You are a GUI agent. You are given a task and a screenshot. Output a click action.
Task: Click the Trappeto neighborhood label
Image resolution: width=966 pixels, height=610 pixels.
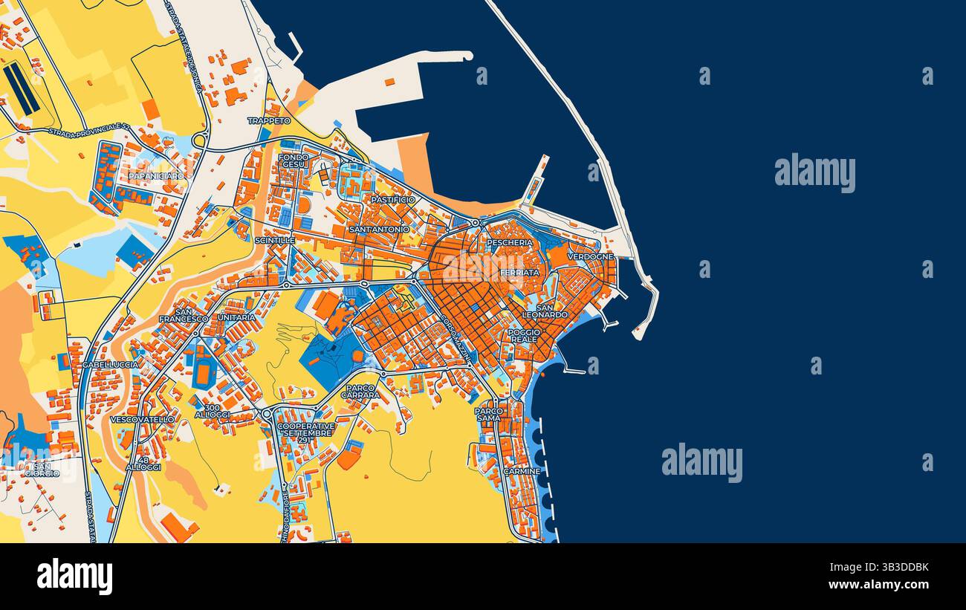pos(269,120)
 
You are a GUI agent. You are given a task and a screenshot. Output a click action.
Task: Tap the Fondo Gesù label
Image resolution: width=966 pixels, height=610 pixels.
pos(294,160)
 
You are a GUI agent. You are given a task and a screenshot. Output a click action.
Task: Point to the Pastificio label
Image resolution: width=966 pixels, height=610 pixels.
pos(393,200)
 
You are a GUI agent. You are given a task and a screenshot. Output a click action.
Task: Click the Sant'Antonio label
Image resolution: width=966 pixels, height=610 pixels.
pos(379,230)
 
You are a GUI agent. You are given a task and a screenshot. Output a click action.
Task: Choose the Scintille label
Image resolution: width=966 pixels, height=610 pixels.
pos(274,241)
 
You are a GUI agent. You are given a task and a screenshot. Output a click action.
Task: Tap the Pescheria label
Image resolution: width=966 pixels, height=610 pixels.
pos(510,243)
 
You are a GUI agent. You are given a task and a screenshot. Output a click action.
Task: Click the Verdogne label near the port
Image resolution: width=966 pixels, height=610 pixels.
pos(591,256)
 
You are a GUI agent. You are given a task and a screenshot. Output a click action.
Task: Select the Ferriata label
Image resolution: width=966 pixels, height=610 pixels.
pos(519,273)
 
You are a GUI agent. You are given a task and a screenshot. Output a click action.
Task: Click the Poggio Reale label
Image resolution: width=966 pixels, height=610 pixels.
pos(524,336)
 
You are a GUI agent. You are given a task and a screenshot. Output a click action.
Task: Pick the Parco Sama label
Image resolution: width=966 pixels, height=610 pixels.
pos(488,415)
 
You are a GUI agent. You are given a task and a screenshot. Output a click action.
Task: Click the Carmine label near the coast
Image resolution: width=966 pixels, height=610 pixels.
pos(522,471)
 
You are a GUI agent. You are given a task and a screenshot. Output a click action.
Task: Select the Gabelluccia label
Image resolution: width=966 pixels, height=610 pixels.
pos(110,365)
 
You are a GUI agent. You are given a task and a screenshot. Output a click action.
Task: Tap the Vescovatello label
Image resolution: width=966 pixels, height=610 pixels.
pos(142,419)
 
